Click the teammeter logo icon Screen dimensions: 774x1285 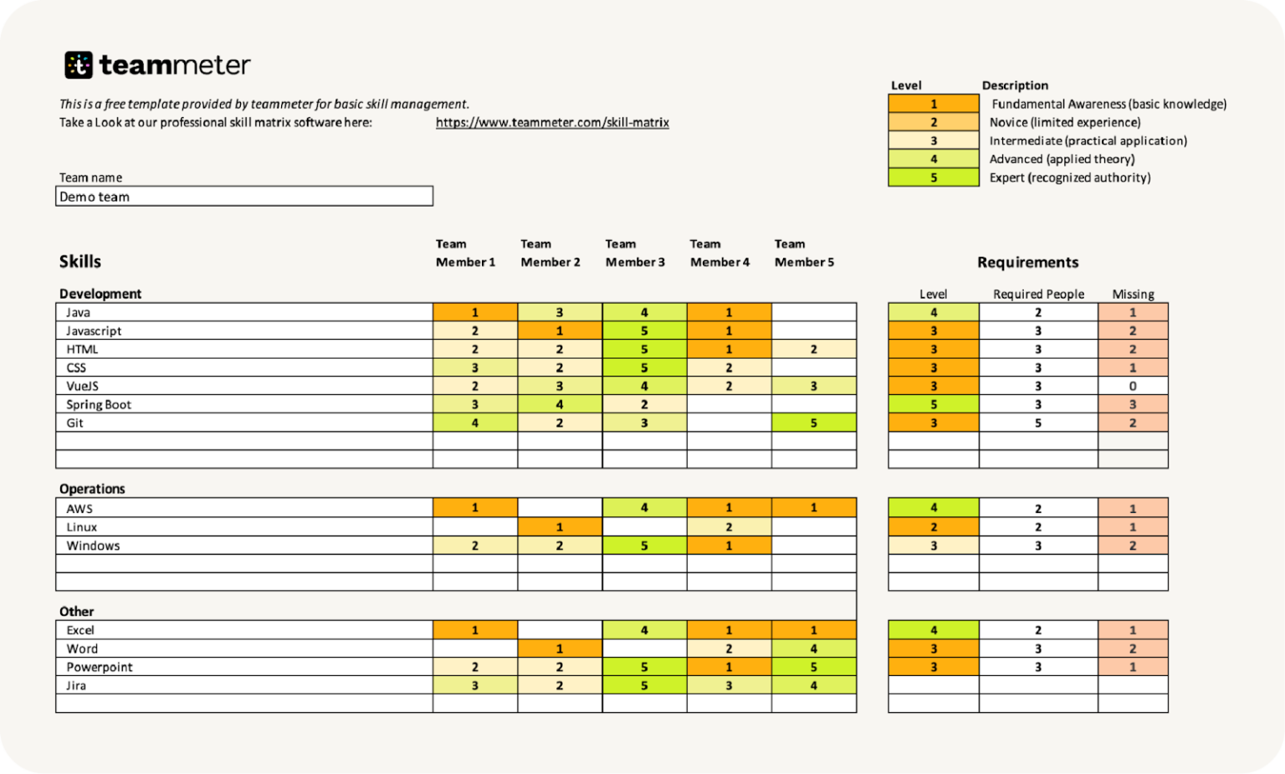(79, 65)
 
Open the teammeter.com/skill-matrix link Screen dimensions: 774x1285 (552, 123)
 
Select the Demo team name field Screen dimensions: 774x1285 (244, 197)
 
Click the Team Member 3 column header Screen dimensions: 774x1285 (635, 253)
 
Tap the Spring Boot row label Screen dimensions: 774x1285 (99, 405)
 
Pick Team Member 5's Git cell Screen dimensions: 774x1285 (813, 423)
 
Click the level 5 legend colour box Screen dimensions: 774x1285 (933, 177)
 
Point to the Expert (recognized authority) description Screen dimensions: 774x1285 (1069, 177)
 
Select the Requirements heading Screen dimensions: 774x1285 (1027, 263)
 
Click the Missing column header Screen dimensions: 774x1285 (1133, 295)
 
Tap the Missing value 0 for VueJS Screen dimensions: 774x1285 (1133, 387)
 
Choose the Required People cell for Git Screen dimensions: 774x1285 (1038, 423)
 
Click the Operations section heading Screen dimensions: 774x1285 (92, 490)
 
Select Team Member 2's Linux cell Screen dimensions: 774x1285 (560, 527)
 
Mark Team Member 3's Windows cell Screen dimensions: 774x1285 (644, 546)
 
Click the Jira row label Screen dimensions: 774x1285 (76, 686)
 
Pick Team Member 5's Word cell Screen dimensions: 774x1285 (813, 649)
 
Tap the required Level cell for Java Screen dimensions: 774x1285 (933, 313)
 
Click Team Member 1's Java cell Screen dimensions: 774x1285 (475, 313)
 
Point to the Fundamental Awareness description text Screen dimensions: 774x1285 (1108, 105)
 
